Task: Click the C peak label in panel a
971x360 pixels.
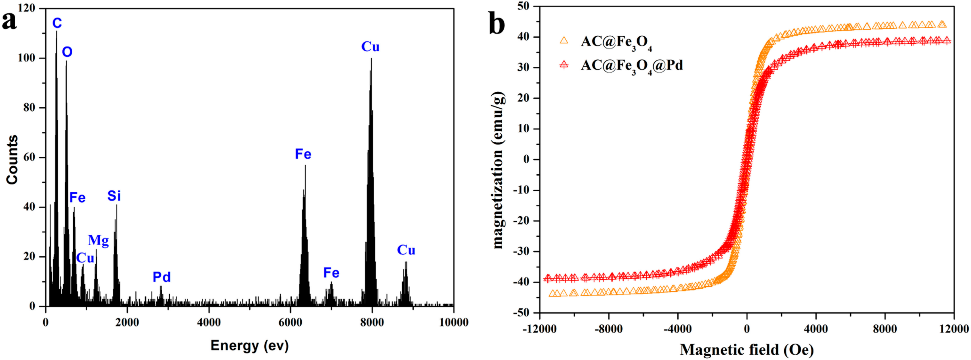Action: [x=57, y=23]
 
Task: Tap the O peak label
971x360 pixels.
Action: [x=67, y=52]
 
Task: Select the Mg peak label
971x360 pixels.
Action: [x=98, y=240]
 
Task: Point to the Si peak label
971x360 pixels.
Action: [x=114, y=196]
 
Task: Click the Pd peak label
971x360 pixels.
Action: [x=162, y=277]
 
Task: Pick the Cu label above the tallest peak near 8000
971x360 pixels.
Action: [x=370, y=47]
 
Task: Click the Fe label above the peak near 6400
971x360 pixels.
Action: [x=303, y=154]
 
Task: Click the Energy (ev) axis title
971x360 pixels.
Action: [x=249, y=345]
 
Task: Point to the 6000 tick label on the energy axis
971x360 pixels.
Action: [x=290, y=322]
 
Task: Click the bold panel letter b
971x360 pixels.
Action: [x=497, y=23]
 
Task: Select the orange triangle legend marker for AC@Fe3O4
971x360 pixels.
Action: [x=564, y=40]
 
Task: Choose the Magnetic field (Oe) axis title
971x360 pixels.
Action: [x=747, y=350]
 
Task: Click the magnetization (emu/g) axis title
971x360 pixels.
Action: [x=498, y=170]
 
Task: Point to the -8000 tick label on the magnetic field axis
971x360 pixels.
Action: [x=608, y=329]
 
